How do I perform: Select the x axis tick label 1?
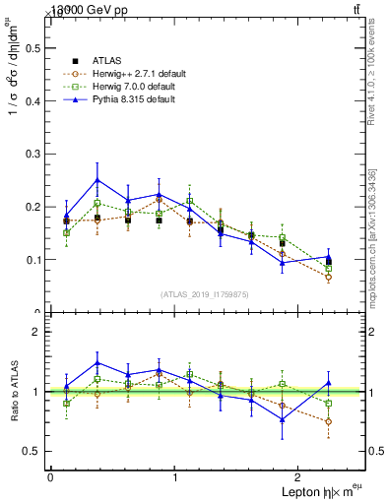[x=175, y=476]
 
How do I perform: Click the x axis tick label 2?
[x=301, y=476]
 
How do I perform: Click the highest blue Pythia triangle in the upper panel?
[x=97, y=180]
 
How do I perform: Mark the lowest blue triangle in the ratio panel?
[x=282, y=419]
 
